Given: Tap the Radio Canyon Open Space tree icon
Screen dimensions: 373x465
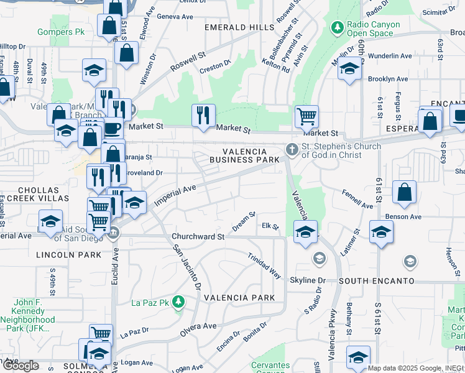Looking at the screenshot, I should (337, 28).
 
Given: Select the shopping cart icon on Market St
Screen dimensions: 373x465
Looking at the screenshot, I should (306, 116).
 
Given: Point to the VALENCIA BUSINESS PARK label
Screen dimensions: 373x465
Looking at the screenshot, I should (244, 155).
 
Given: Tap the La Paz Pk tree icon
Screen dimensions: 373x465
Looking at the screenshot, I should (179, 303).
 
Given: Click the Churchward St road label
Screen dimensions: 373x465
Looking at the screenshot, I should (198, 237).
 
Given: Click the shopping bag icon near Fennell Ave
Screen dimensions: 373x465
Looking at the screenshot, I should (404, 193).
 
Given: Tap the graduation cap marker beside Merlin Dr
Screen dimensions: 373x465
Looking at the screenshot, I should (349, 69).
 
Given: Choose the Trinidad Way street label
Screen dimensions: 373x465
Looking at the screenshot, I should (264, 265).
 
